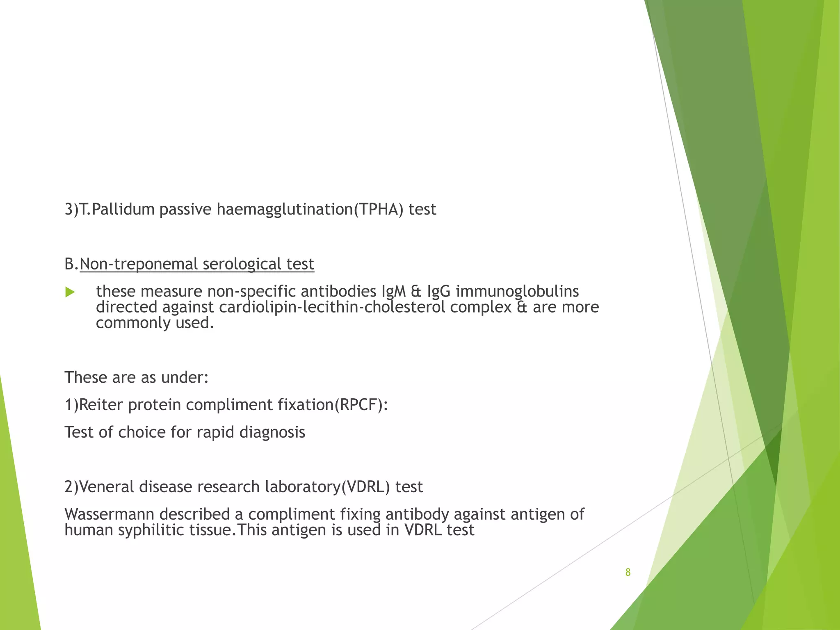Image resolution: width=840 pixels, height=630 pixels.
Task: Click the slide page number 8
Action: (628, 572)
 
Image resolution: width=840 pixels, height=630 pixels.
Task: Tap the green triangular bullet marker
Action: (70, 292)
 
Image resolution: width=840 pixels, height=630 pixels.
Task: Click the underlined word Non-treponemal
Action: (139, 264)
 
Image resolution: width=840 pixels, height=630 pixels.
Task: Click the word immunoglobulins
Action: (517, 292)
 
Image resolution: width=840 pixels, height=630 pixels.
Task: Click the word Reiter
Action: (101, 405)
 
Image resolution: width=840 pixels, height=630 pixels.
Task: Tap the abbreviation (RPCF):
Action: (361, 405)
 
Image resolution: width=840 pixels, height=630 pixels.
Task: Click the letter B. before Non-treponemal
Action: (71, 264)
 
